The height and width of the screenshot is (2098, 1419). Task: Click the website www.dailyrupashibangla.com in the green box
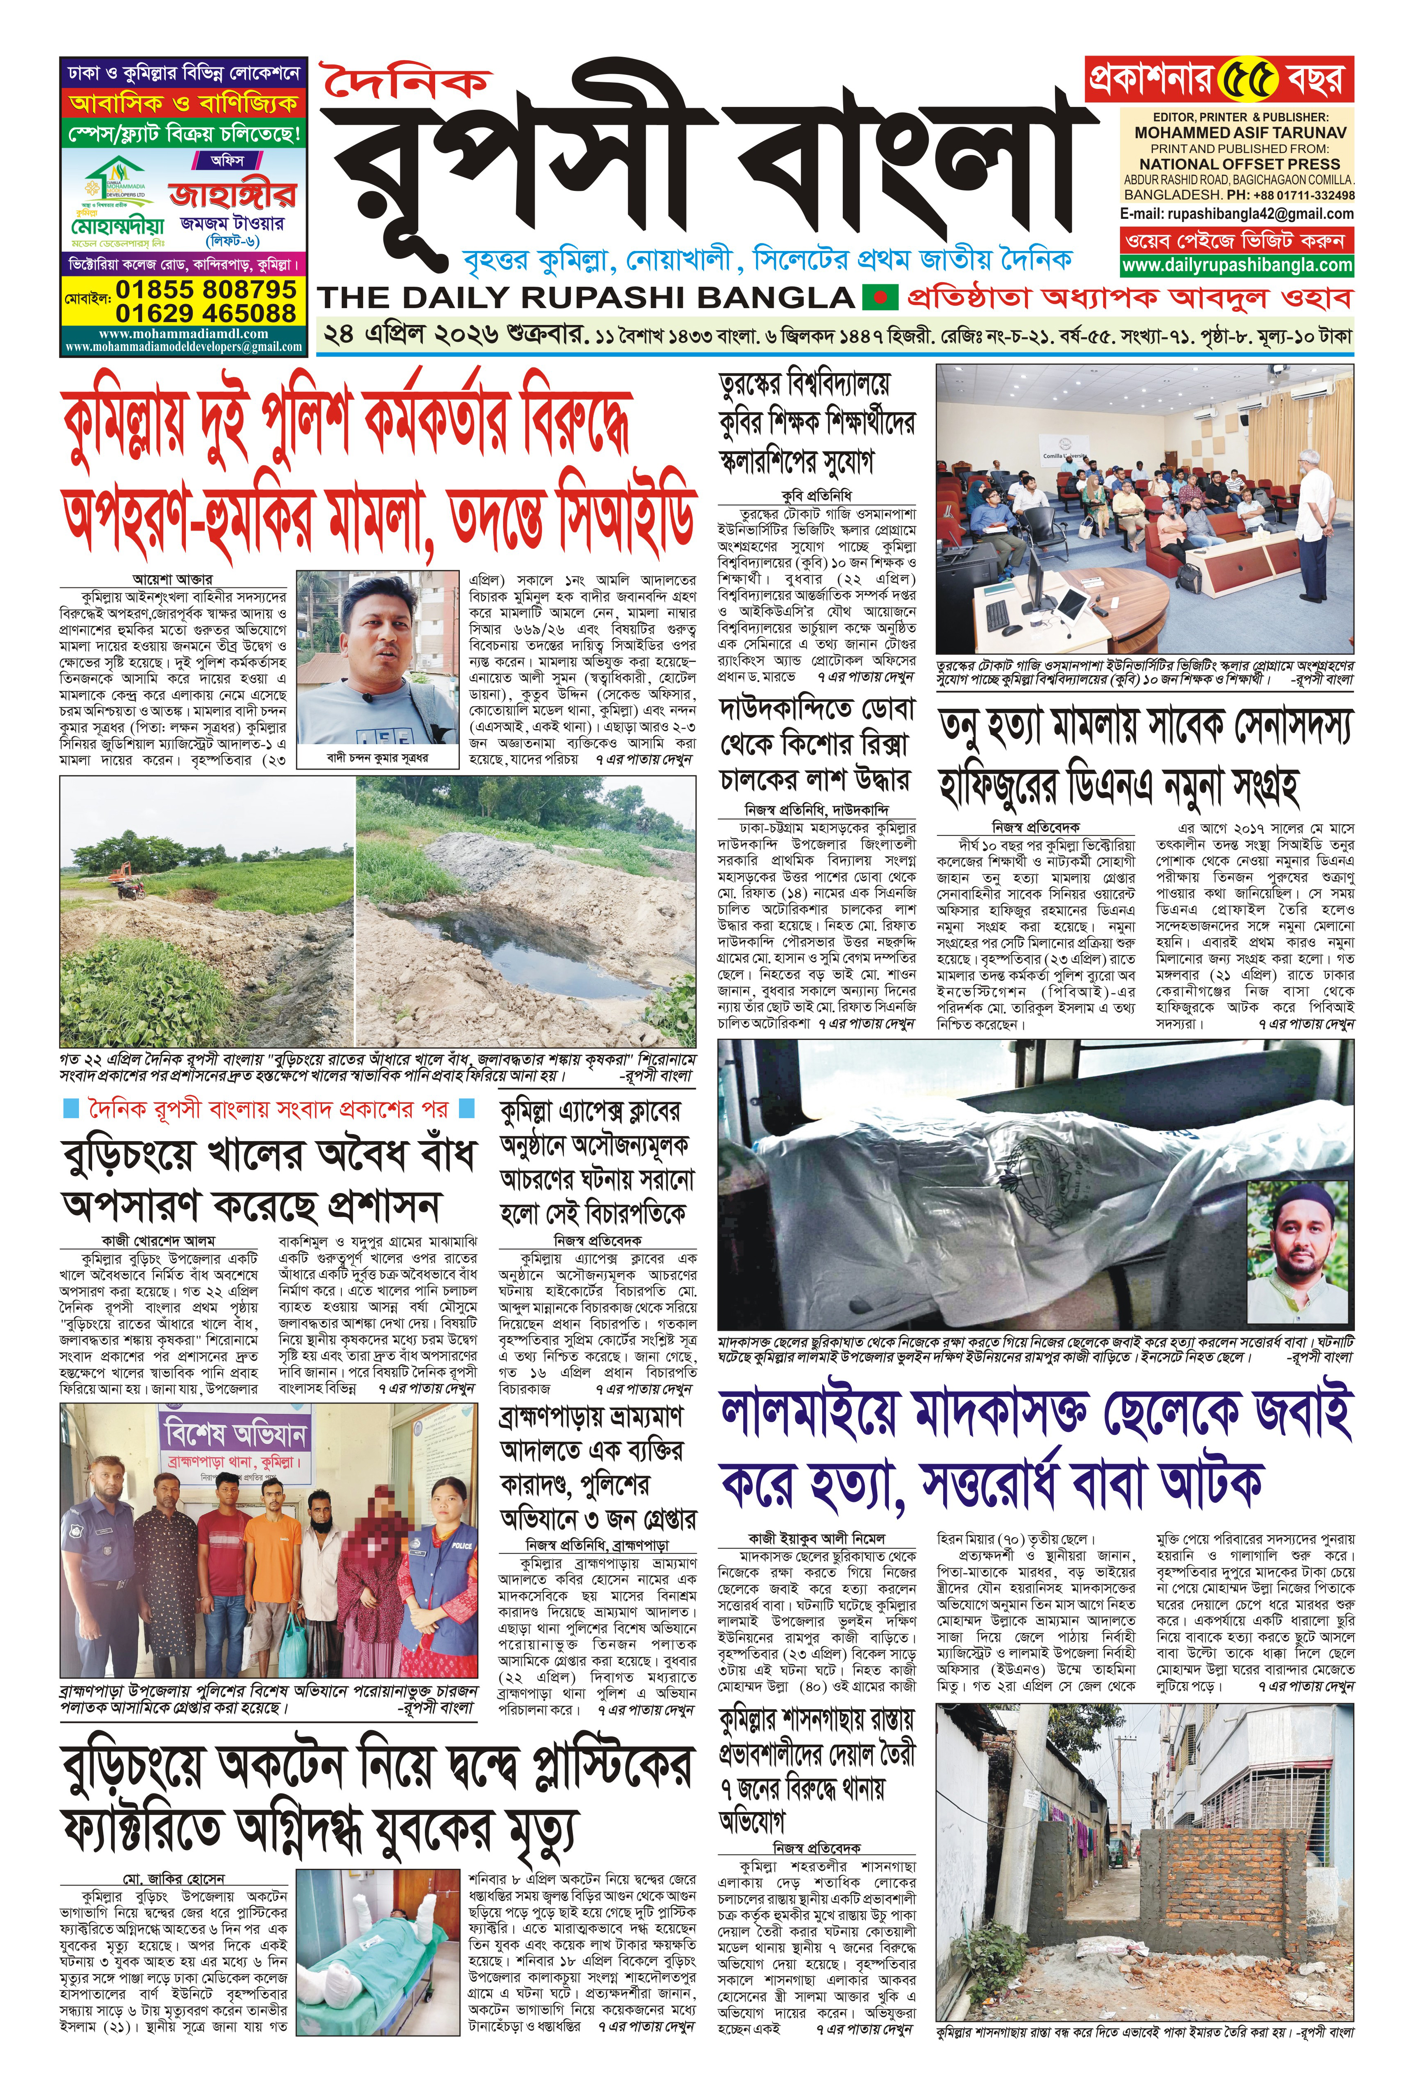[x=1237, y=265]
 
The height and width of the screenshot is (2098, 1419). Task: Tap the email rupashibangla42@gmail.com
[x=1237, y=214]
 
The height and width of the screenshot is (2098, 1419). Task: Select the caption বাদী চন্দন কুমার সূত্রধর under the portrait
[x=377, y=758]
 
